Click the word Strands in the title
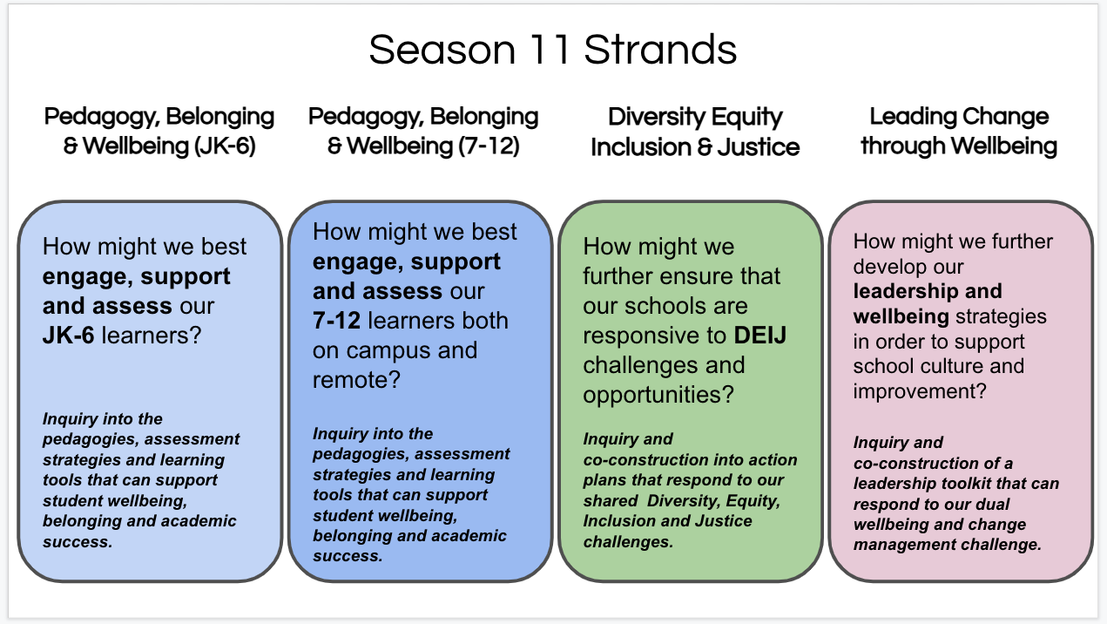tap(660, 50)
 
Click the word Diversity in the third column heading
tap(651, 118)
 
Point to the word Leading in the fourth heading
tap(912, 117)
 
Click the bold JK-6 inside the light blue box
tap(68, 336)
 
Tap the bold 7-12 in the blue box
tap(336, 321)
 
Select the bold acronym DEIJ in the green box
tap(759, 336)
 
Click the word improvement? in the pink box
tap(919, 391)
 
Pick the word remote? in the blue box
tap(356, 380)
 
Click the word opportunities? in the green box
tap(658, 395)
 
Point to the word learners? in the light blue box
tap(152, 336)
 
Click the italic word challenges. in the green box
tap(628, 542)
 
